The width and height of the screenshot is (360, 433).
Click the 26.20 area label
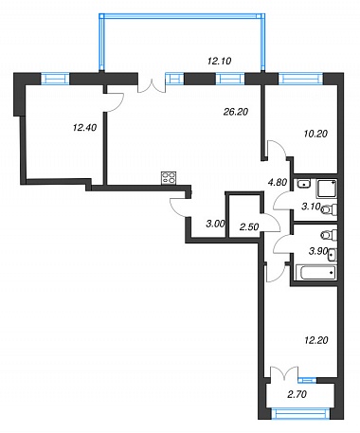(x=236, y=112)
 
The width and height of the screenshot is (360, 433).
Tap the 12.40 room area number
(x=84, y=128)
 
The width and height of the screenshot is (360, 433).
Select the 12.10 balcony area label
(x=220, y=61)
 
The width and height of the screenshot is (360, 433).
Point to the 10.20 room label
(x=315, y=134)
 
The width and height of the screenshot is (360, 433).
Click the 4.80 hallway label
(x=278, y=183)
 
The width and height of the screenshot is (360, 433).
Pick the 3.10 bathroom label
(x=311, y=207)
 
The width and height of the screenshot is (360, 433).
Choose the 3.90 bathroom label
(x=317, y=251)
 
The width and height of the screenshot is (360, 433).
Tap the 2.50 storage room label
(x=249, y=226)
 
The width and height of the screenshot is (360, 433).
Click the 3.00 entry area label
(x=215, y=224)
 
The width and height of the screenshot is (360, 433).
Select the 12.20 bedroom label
(x=316, y=340)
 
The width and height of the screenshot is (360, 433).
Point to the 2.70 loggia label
(x=297, y=394)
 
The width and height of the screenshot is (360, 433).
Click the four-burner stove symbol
(x=169, y=178)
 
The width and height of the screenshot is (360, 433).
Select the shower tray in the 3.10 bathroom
(x=327, y=189)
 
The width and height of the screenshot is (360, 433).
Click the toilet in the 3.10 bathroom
(x=329, y=209)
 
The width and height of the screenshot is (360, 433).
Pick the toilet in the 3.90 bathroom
(x=329, y=235)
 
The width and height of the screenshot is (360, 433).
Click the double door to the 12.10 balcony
(x=152, y=85)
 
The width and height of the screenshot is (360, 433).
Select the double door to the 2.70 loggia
(x=284, y=374)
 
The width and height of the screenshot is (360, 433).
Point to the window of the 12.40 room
(x=55, y=79)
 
